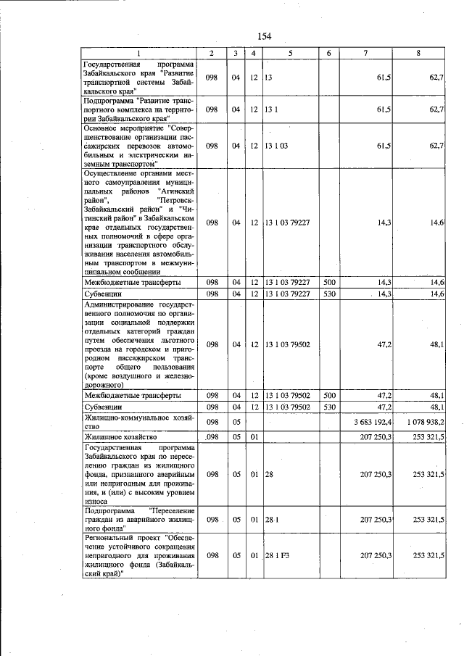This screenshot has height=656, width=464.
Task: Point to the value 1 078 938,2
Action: (x=426, y=422)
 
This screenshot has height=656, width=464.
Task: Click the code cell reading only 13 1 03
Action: (x=277, y=146)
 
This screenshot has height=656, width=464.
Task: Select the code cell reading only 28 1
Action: (x=272, y=520)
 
